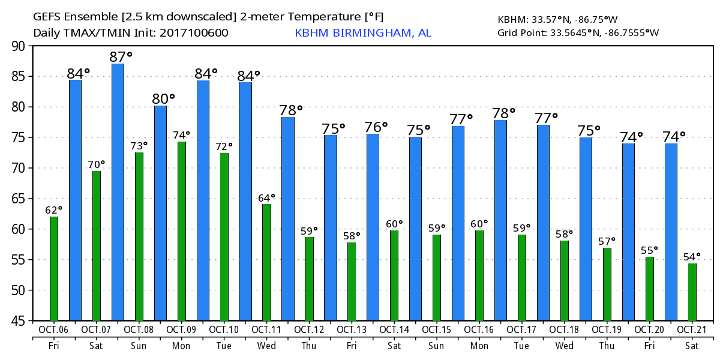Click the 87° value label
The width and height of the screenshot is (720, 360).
[121, 57]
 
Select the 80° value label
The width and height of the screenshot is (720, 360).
[163, 98]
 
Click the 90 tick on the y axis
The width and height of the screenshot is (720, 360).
[18, 46]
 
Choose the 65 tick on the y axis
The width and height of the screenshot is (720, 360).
[18, 199]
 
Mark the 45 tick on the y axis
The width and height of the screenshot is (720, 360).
[18, 321]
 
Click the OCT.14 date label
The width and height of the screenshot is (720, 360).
[394, 329]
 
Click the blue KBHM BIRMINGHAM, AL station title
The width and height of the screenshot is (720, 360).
[362, 32]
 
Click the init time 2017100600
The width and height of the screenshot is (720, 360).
[194, 32]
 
